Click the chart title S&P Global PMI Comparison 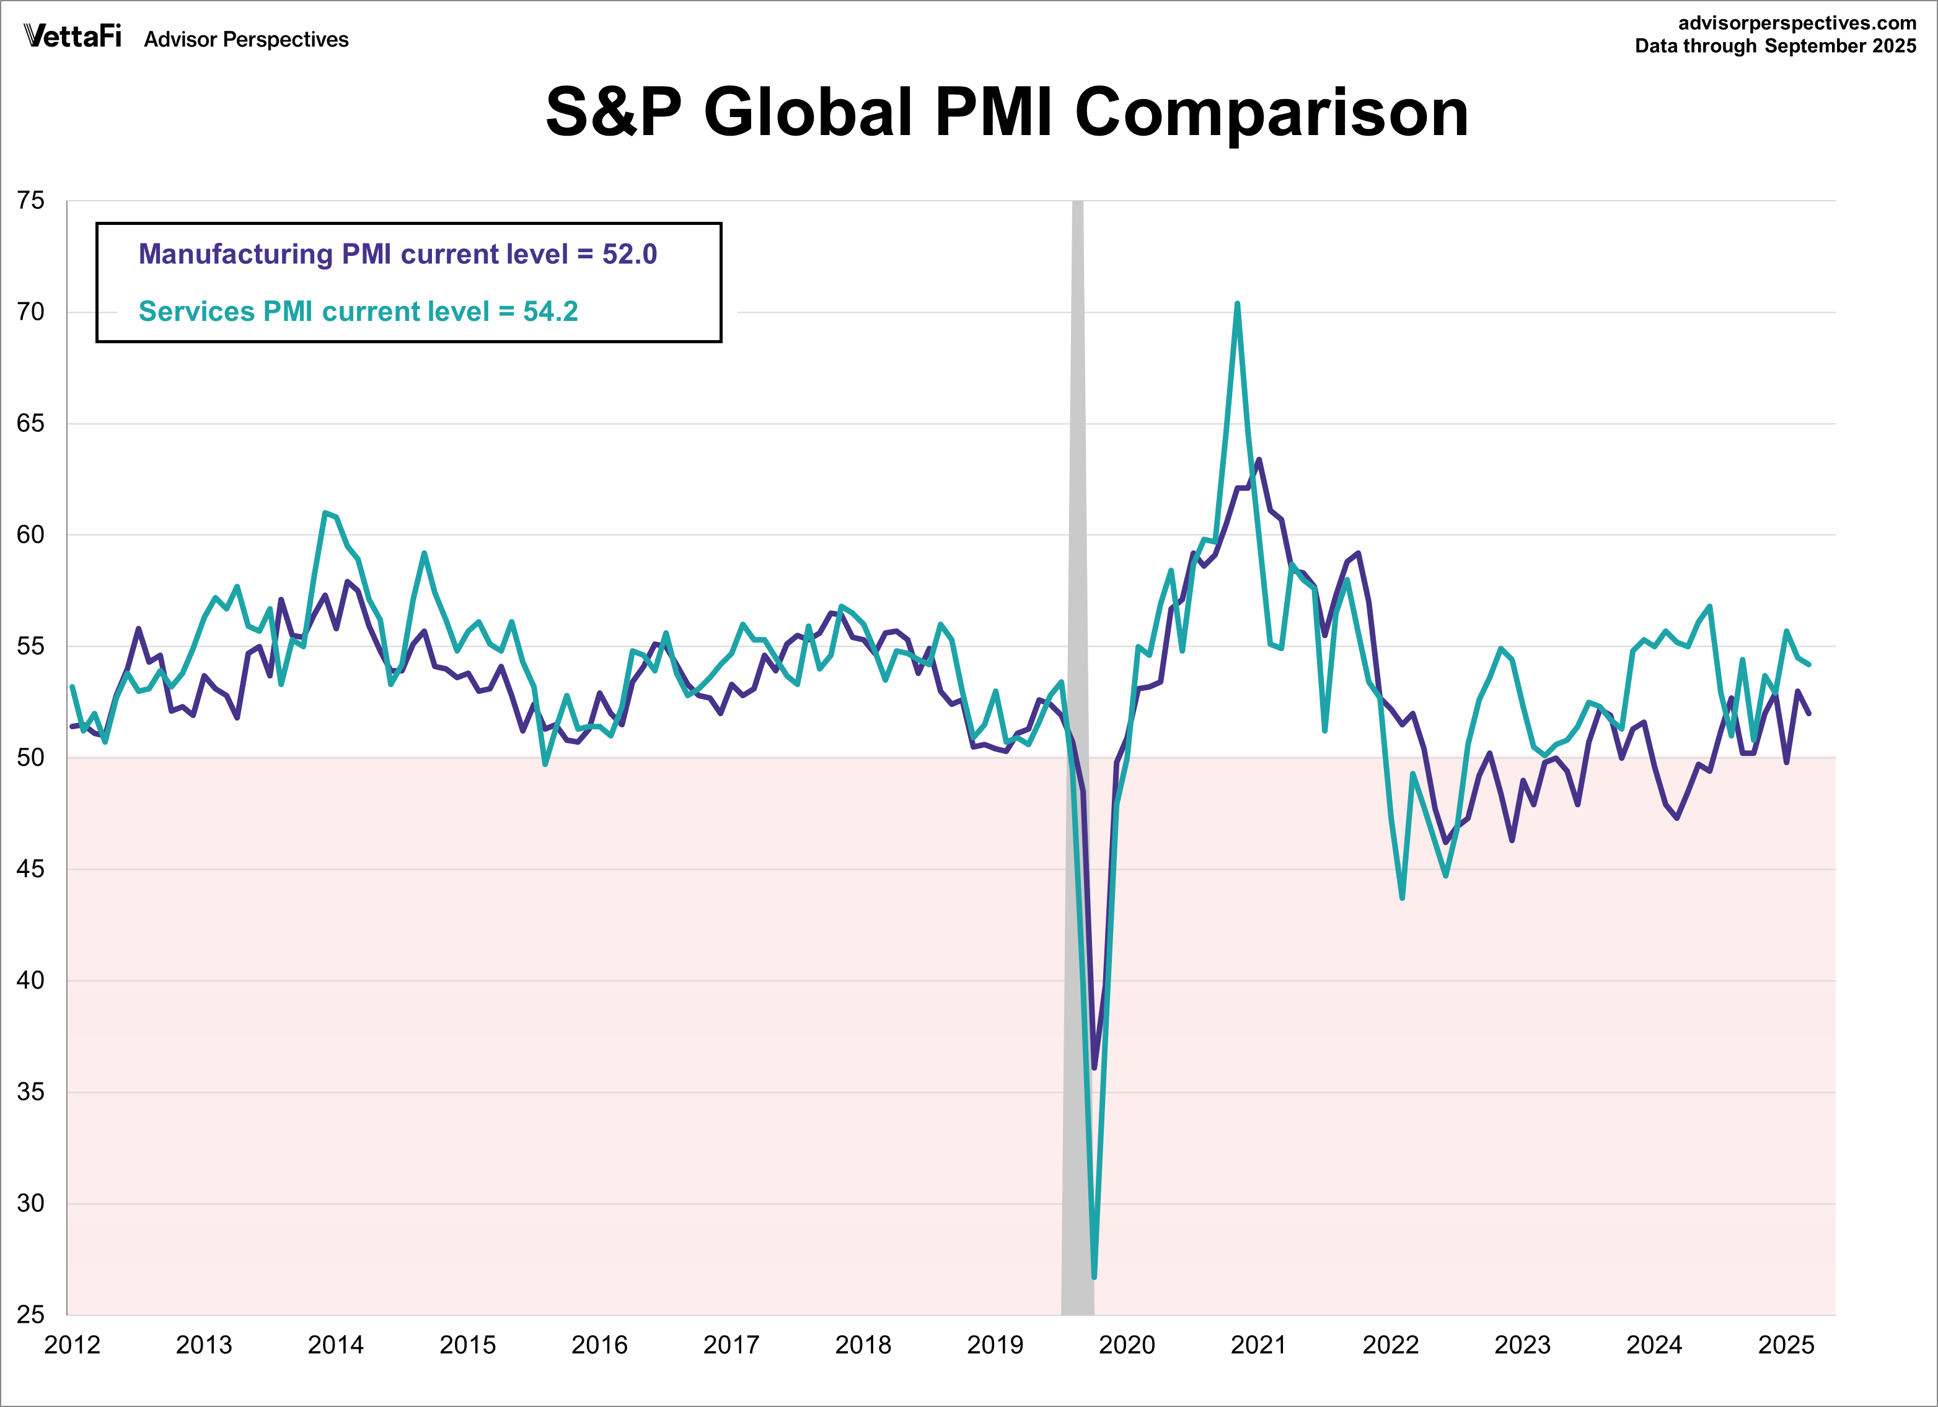[1006, 112]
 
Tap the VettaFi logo [73, 36]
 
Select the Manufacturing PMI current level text [397, 255]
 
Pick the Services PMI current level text [358, 312]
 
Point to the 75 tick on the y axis [31, 201]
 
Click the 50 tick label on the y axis [31, 758]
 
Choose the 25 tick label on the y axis [31, 1315]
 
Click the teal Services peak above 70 [1236, 304]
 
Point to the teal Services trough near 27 [1095, 1276]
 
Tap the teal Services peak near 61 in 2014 [325, 514]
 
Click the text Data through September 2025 [1776, 46]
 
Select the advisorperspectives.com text [1797, 23]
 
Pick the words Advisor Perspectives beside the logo [246, 39]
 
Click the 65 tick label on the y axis [31, 424]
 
